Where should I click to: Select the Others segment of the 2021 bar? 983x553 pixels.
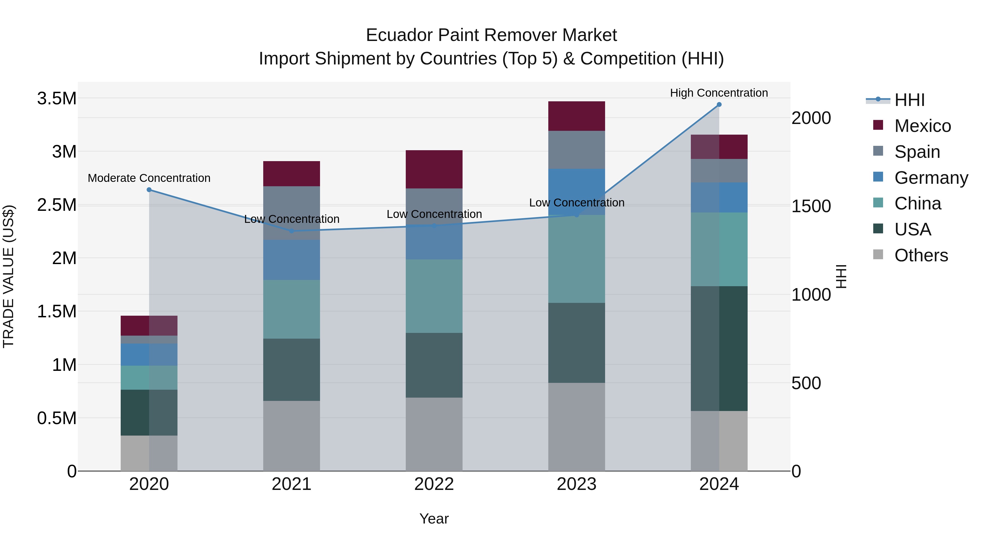coord(292,436)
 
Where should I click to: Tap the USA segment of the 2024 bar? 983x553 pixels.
coord(719,348)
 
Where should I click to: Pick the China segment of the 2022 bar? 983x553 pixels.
coord(434,296)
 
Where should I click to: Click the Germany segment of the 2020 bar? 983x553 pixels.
coord(149,354)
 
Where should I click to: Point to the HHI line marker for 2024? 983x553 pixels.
coord(719,104)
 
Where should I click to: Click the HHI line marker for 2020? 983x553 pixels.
coord(149,190)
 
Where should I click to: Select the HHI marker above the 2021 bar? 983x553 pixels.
coord(292,231)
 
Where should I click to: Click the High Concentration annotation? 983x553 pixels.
coord(719,93)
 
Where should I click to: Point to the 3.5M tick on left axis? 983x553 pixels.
coord(57,99)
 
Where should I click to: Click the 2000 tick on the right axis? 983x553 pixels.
coord(811,118)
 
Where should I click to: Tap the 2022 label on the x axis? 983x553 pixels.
coord(434,484)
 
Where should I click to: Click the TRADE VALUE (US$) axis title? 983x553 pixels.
coord(8,276)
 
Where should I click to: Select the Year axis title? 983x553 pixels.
coord(434,519)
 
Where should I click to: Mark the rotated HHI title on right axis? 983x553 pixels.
coord(841,276)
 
